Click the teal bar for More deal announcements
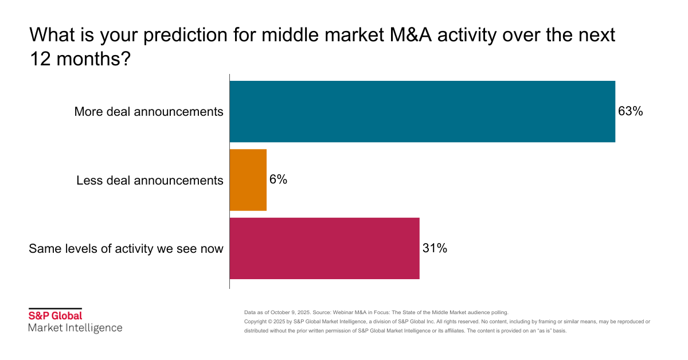coord(422,111)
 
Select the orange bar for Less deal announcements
coord(248,180)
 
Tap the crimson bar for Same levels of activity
coord(325,248)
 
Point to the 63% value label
coord(630,111)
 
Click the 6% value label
coord(278,179)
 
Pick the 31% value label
coord(435,248)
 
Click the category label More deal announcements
coord(148,112)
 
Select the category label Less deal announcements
coord(150,181)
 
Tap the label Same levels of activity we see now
coord(126,249)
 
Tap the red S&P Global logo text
coord(56,315)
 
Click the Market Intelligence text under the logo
coord(75,328)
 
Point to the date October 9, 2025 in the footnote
coord(290,312)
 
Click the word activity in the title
coord(474,36)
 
